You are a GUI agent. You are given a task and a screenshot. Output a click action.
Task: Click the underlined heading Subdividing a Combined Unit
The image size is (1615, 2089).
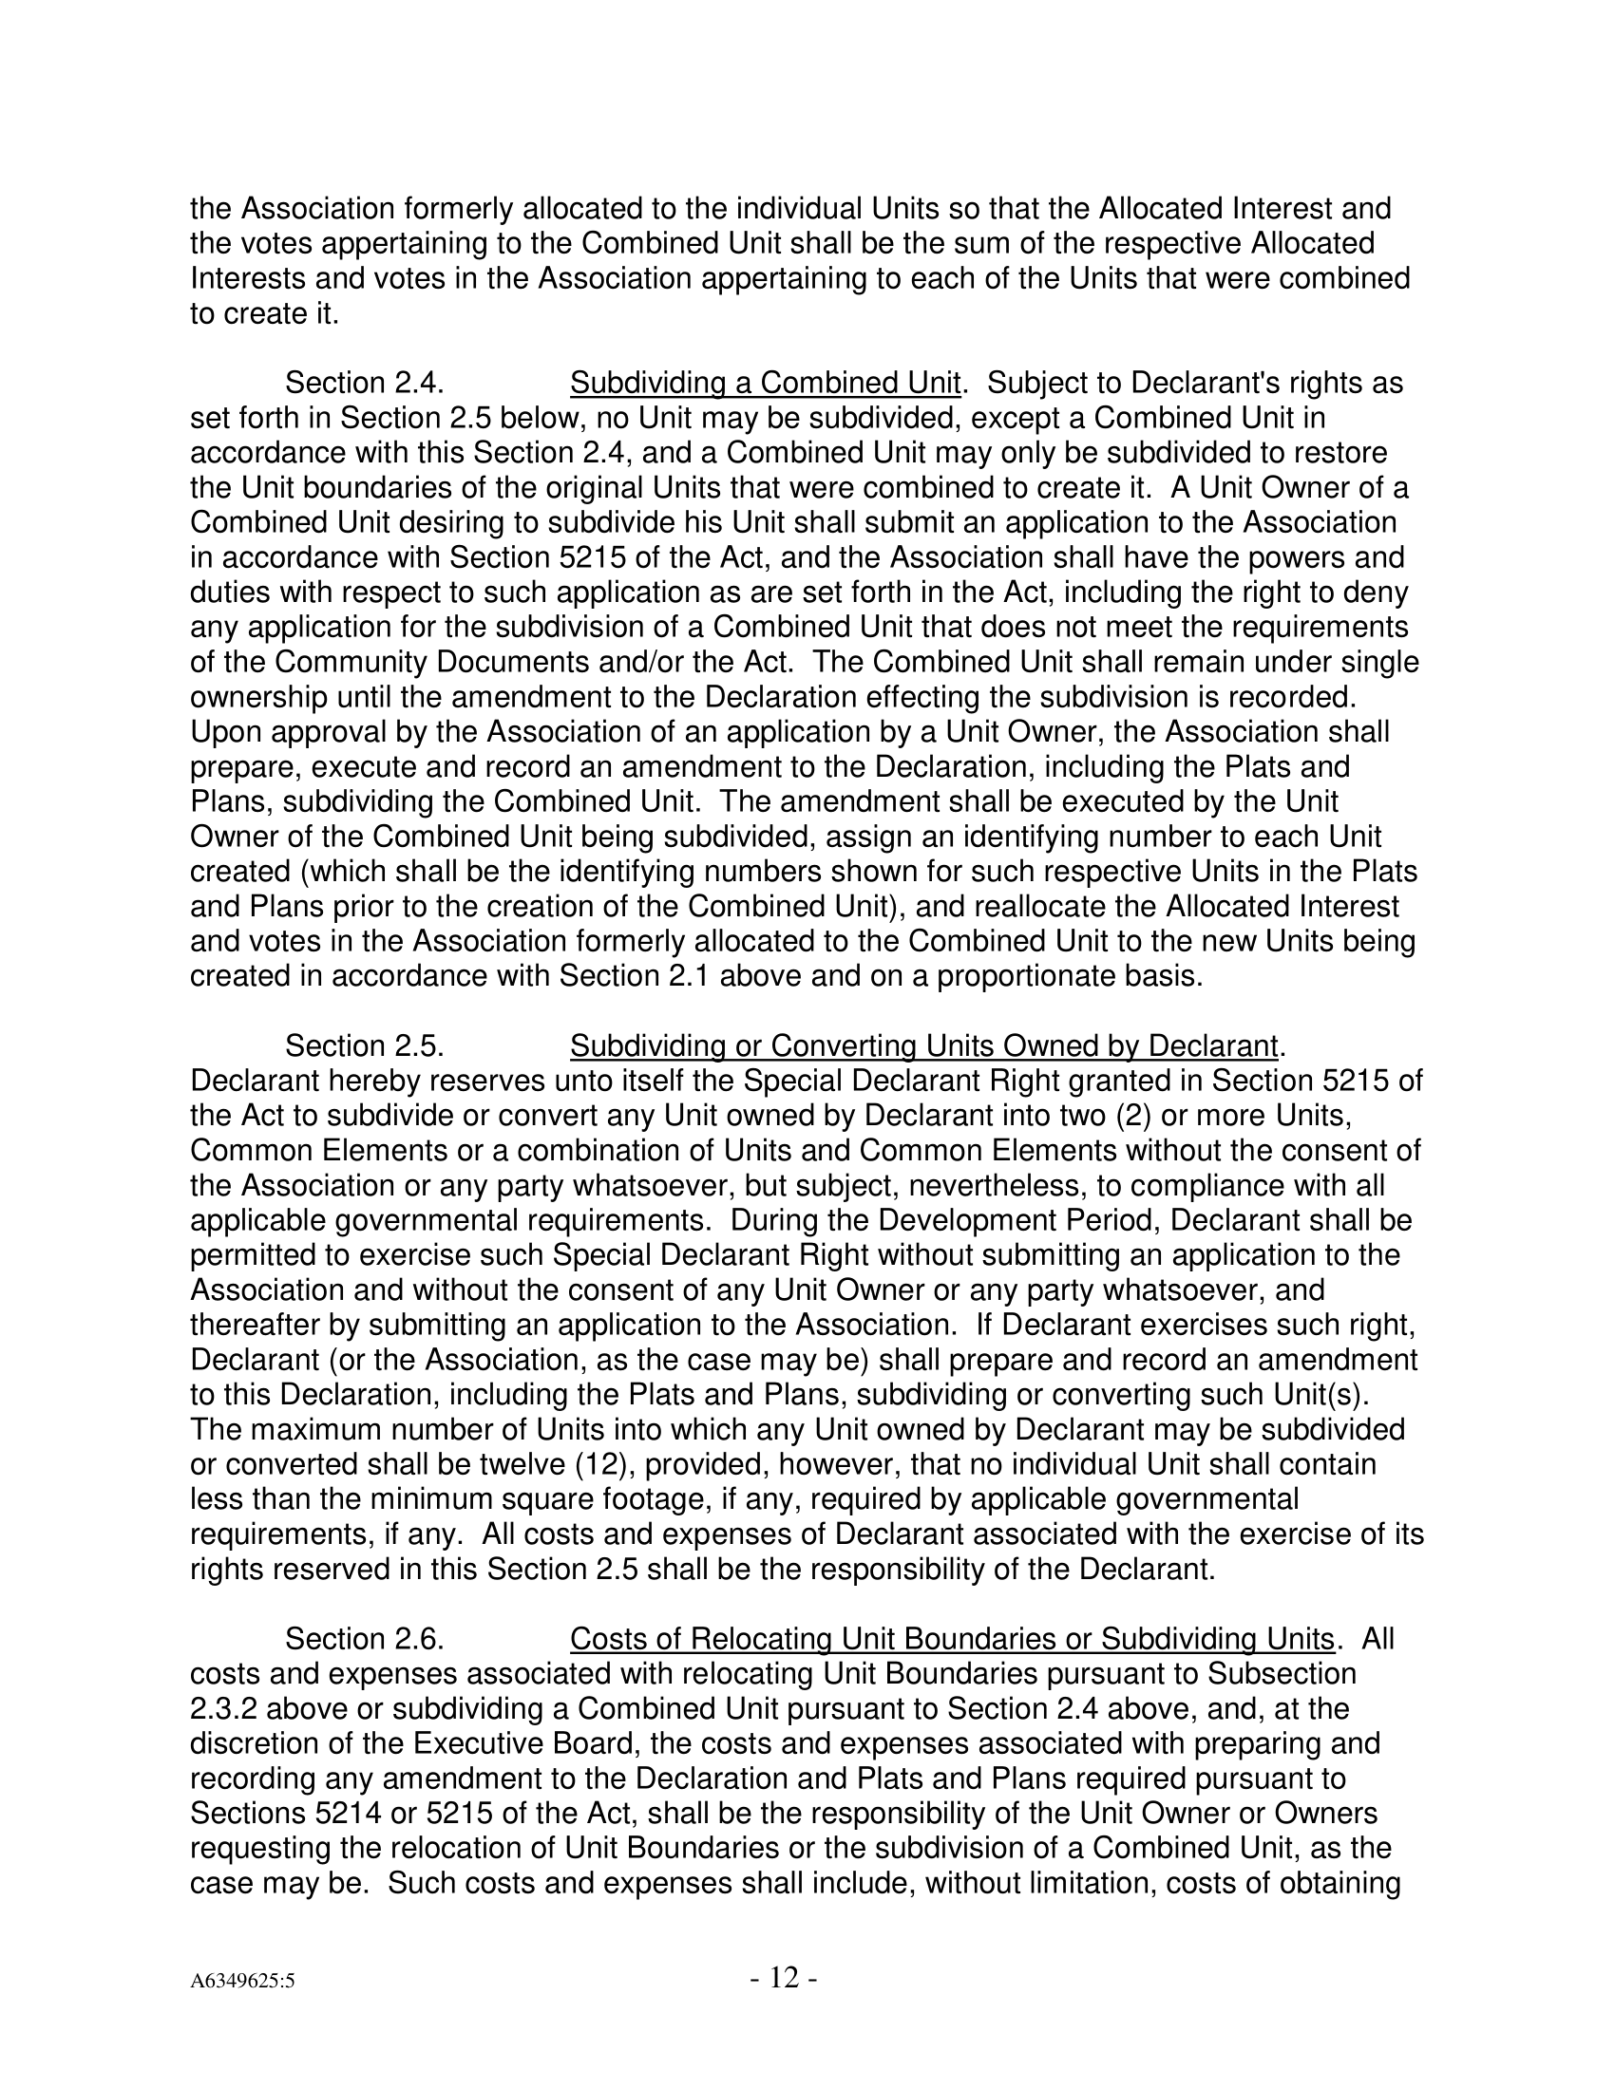(x=765, y=384)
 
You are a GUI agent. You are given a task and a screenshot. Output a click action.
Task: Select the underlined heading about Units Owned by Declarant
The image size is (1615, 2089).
(x=923, y=1046)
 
